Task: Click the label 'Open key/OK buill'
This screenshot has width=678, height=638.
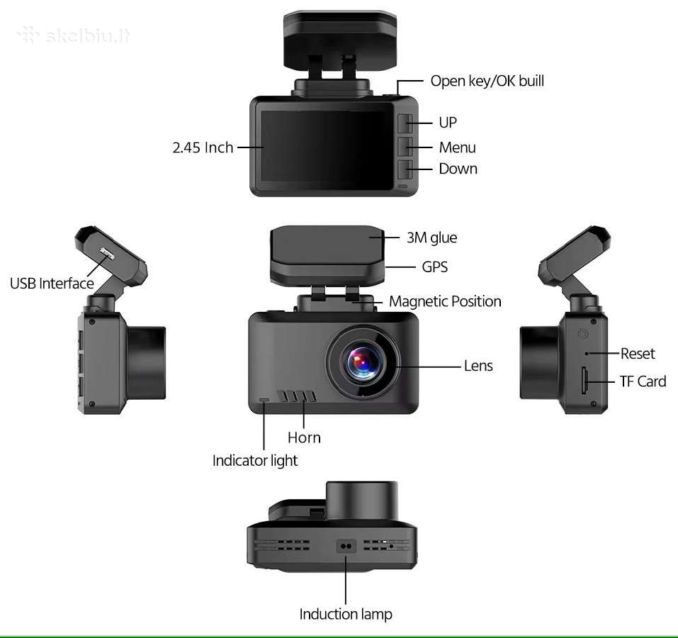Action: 487,82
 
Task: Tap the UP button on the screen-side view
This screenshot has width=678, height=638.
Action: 405,123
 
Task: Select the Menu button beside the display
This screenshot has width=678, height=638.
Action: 405,147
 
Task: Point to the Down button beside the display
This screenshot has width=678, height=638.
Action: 405,169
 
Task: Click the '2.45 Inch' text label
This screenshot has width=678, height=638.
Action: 203,147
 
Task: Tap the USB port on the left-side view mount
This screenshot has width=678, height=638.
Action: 106,254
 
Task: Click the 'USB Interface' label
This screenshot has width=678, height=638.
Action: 52,284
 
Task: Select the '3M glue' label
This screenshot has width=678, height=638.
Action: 431,237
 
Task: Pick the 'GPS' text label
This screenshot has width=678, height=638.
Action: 434,267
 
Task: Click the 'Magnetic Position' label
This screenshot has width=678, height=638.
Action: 445,301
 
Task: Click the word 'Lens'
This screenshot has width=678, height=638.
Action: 478,366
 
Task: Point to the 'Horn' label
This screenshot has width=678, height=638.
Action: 304,437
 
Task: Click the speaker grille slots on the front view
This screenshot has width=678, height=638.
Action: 297,396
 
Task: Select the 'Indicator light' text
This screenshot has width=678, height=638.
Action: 254,461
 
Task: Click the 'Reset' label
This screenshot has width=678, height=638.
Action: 638,354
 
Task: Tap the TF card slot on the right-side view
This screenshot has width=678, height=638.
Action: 584,381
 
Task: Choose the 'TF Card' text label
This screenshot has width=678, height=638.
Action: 643,381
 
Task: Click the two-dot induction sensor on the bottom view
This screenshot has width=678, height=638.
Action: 346,546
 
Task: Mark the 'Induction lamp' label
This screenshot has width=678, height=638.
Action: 346,614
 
